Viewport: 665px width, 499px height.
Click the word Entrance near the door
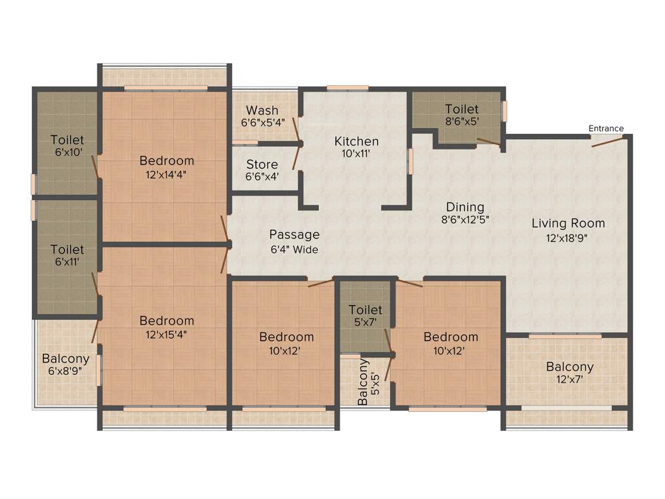[x=606, y=129]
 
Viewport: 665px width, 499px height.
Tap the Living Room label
[x=568, y=224]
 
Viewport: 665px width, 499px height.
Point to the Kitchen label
[x=357, y=142]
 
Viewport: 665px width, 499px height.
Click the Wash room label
[x=262, y=110]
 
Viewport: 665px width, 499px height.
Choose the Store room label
[x=262, y=165]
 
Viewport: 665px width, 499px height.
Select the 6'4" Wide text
[x=294, y=249]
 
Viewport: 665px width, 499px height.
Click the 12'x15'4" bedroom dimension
[x=167, y=335]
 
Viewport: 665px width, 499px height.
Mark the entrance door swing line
[x=608, y=141]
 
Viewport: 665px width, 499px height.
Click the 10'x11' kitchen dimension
[x=357, y=155]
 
